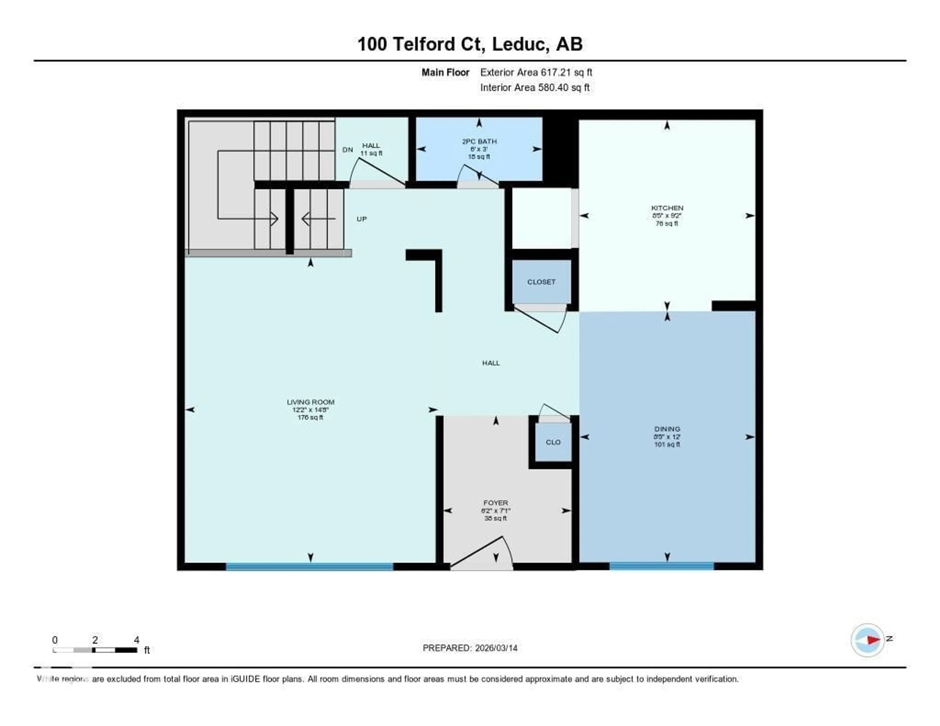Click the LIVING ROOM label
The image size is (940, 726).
pos(310,402)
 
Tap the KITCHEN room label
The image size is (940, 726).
pos(667,208)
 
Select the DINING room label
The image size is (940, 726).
pos(667,429)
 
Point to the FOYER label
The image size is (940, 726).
pos(495,503)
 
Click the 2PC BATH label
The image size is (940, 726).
pos(479,141)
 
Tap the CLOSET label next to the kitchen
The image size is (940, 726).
pos(541,282)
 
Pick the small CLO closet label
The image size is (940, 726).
pos(553,442)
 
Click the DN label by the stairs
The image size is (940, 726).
pos(347,150)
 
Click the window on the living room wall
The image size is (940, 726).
pos(309,566)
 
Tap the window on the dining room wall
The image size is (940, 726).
pos(661,566)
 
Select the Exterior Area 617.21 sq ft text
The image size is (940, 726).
pos(536,72)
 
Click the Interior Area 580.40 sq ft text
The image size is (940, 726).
pos(535,87)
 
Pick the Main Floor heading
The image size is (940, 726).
pos(445,72)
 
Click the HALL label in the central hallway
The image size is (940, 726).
pos(491,363)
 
